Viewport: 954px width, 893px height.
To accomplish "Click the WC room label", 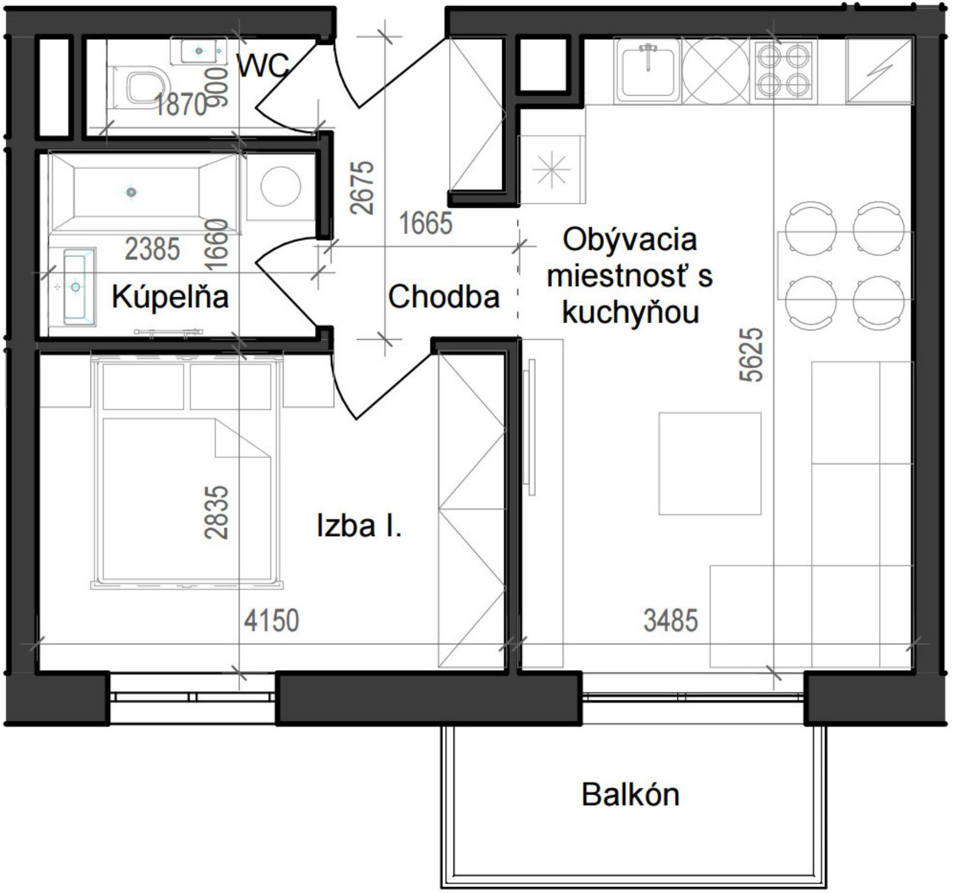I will click(262, 66).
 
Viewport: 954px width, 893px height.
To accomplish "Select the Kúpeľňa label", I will click(170, 297).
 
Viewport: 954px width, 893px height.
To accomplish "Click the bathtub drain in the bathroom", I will click(131, 192).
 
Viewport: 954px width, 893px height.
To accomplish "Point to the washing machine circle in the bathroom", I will click(280, 186).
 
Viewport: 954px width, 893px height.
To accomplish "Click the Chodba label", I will click(443, 297).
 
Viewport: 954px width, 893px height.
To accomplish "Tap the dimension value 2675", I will click(362, 188).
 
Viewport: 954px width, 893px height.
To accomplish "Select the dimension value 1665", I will click(425, 223).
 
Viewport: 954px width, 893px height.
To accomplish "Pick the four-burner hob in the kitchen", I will click(783, 71).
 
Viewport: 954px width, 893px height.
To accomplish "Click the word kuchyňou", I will click(630, 312).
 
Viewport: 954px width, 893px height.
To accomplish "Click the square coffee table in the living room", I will click(709, 464).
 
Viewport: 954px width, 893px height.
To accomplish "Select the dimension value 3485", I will click(671, 620).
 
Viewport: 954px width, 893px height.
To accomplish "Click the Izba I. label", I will click(359, 526).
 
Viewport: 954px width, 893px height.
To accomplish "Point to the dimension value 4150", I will click(272, 620).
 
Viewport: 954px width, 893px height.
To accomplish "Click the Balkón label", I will click(630, 794).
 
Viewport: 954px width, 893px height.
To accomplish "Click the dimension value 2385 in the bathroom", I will click(152, 249).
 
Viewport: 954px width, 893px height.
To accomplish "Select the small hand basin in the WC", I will click(199, 51).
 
